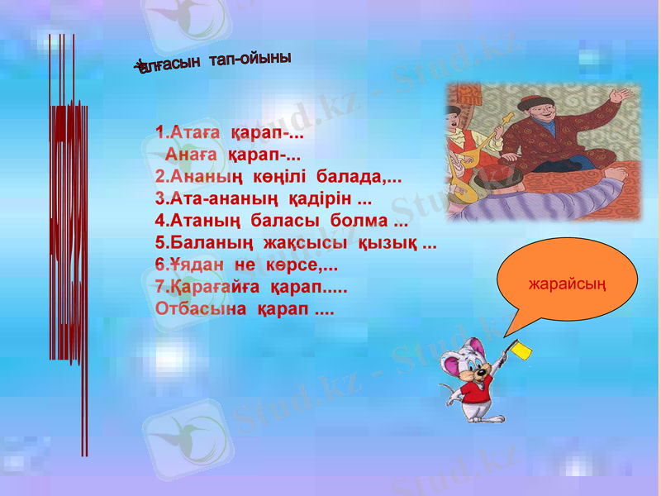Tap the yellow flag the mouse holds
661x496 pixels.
point(521,350)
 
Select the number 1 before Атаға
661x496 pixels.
point(159,131)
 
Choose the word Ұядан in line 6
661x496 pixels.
point(191,266)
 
